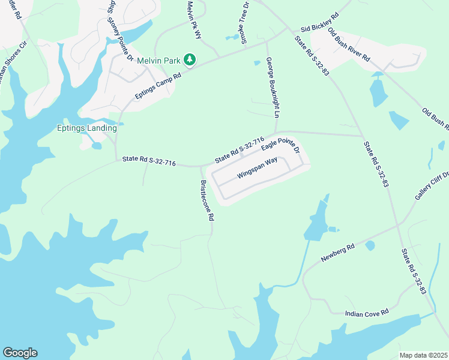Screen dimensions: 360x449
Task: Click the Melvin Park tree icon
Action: (x=190, y=59)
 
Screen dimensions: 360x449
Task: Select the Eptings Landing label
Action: (x=86, y=128)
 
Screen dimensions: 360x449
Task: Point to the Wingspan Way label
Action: (x=257, y=168)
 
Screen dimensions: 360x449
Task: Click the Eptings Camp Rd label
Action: (x=158, y=86)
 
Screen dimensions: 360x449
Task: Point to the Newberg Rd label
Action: (x=338, y=251)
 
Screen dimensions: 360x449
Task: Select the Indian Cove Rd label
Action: (x=367, y=313)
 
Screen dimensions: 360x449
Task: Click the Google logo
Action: (x=20, y=353)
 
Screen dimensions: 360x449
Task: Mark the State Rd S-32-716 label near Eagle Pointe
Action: (x=240, y=150)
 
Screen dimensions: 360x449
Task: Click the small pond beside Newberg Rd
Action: (x=370, y=245)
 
